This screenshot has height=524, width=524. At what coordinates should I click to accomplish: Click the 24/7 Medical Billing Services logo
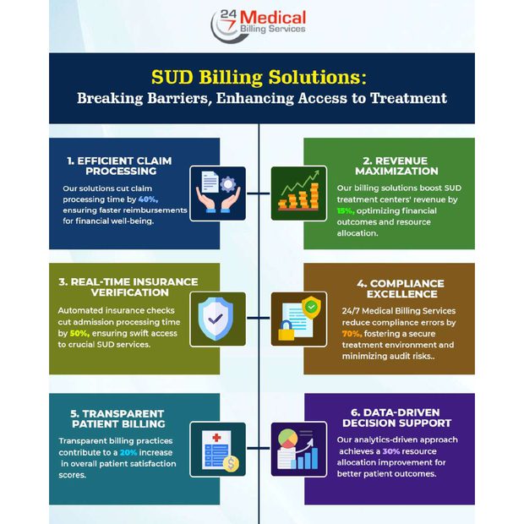pos(259,25)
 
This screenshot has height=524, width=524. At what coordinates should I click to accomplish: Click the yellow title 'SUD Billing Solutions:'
pos(259,77)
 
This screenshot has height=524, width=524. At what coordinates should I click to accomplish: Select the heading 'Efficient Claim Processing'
pos(120,166)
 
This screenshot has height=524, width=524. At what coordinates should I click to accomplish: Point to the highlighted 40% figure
pos(148,199)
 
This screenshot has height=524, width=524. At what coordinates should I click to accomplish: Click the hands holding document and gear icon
pos(218,194)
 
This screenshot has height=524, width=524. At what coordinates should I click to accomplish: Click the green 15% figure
pos(346,211)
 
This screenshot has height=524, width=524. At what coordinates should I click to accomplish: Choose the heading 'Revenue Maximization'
pos(396,166)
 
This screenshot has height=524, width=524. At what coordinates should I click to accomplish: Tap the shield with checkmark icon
pos(216,319)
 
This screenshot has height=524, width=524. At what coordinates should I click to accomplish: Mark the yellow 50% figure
pos(79,333)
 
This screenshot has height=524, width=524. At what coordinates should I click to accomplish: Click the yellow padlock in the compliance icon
pos(287,330)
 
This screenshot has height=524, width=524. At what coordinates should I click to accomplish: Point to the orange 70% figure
pos(352,334)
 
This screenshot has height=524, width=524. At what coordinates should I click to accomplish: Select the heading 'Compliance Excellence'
pos(401,288)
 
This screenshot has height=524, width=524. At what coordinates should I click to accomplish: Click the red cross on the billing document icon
pos(216,438)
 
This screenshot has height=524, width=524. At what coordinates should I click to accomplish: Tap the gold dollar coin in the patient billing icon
pos(231,464)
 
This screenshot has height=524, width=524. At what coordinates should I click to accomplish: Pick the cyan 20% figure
pos(128,452)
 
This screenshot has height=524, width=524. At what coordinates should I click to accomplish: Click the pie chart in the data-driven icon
pos(287,439)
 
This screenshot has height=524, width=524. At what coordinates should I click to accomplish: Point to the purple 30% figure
pos(391,451)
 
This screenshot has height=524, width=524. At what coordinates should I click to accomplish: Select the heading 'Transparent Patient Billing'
pos(118,418)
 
